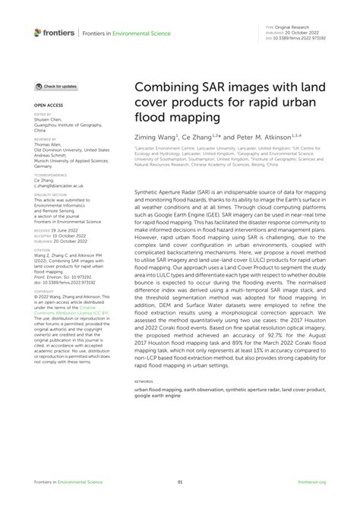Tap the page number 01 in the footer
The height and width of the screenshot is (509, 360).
pos(180,482)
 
